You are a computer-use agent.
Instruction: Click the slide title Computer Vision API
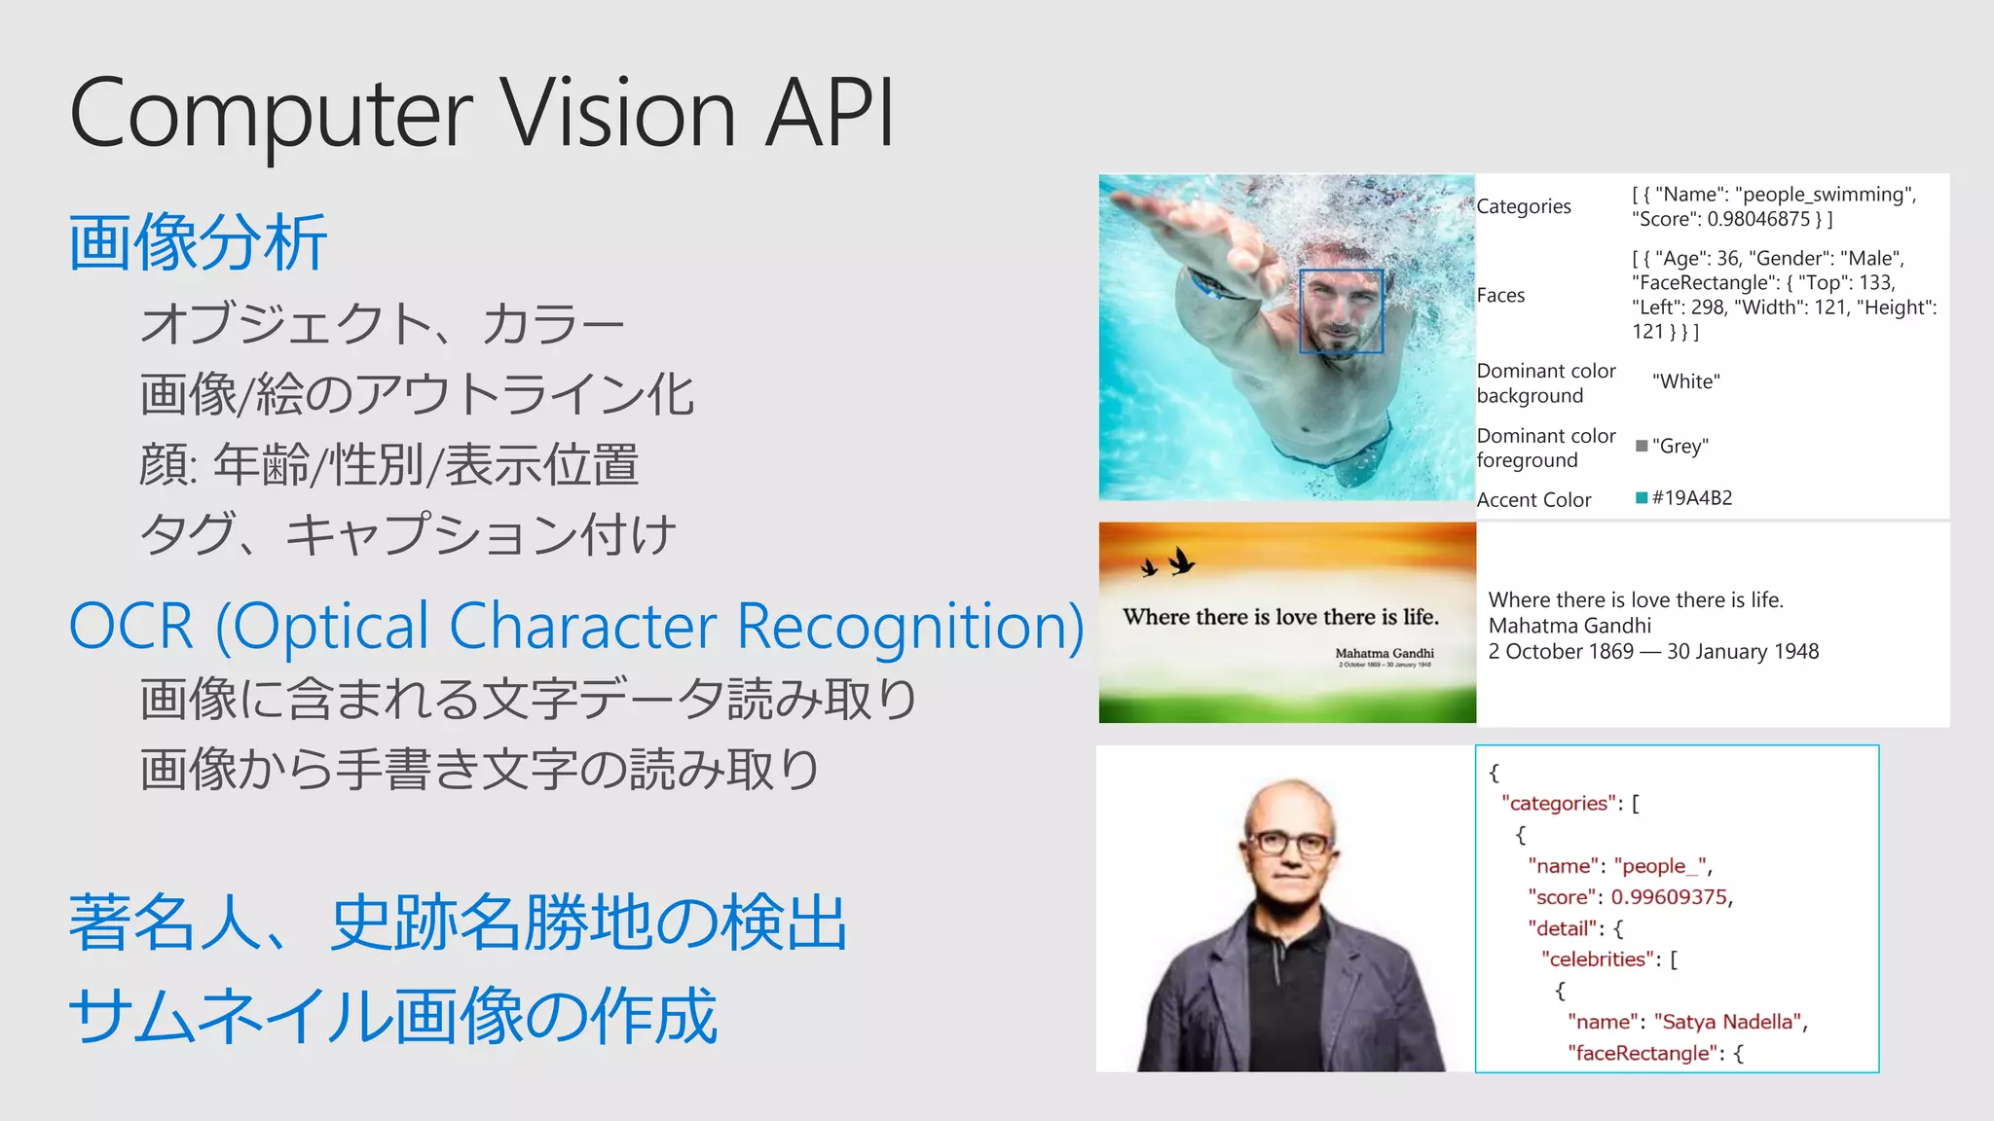(482, 114)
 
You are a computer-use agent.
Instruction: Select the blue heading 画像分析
(198, 242)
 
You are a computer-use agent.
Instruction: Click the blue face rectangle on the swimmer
(1341, 310)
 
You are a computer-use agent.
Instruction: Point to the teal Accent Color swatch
(1642, 498)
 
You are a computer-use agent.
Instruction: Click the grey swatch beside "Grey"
(1642, 446)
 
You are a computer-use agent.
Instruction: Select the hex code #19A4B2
(1692, 498)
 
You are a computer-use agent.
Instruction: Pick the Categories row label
(1524, 206)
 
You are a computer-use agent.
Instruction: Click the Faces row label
(1500, 296)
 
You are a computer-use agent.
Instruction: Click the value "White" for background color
(1686, 381)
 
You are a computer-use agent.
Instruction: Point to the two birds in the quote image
(1168, 562)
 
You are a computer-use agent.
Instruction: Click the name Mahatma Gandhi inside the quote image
(1384, 653)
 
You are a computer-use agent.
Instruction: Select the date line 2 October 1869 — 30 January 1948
(1653, 652)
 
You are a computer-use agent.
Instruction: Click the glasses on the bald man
(1289, 843)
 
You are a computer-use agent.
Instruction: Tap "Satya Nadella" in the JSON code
(1729, 1022)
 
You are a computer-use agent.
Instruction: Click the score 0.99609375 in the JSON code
(1670, 897)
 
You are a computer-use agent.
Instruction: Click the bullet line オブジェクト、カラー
(382, 324)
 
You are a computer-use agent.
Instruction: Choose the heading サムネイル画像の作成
(393, 1016)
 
